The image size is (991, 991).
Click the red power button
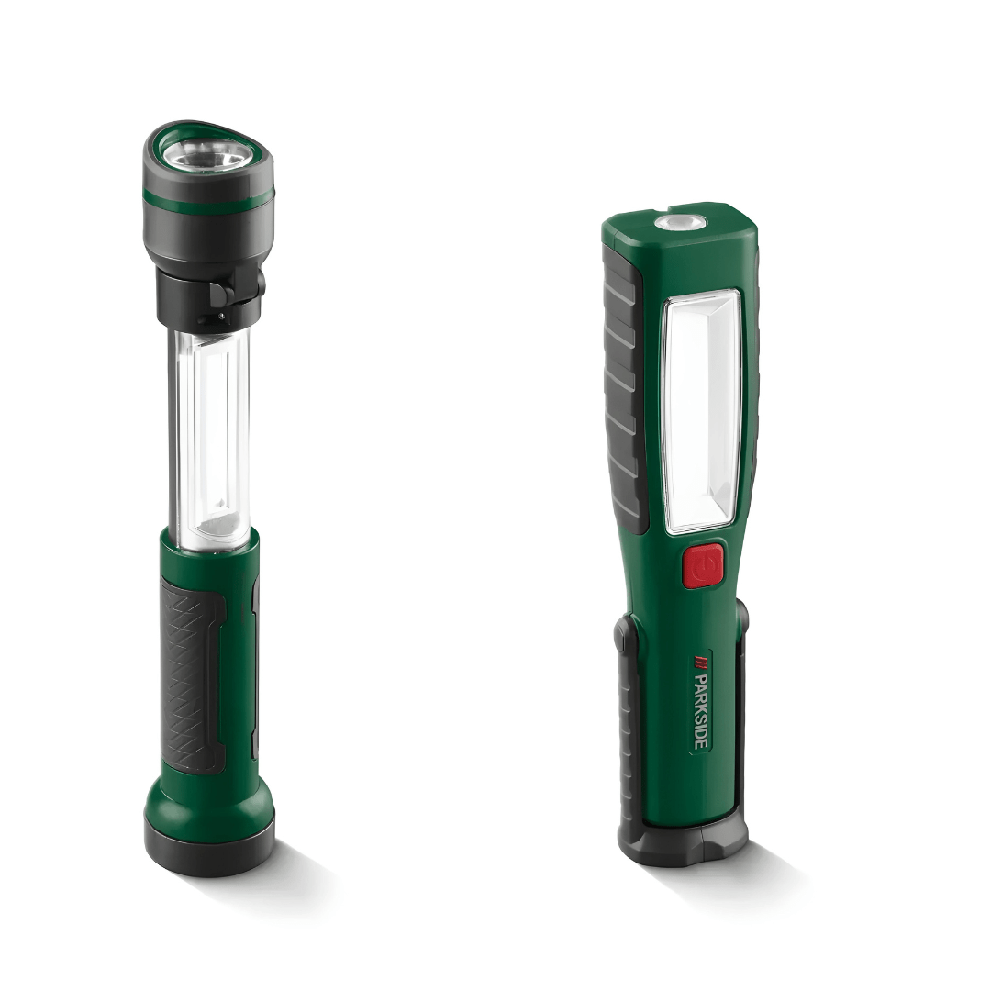pyautogui.click(x=703, y=565)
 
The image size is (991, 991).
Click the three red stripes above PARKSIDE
pyautogui.click(x=701, y=661)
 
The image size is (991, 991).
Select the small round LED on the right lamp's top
pyautogui.click(x=679, y=222)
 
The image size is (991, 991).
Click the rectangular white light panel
pyautogui.click(x=701, y=411)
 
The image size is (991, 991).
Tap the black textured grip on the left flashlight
pyautogui.click(x=192, y=675)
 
